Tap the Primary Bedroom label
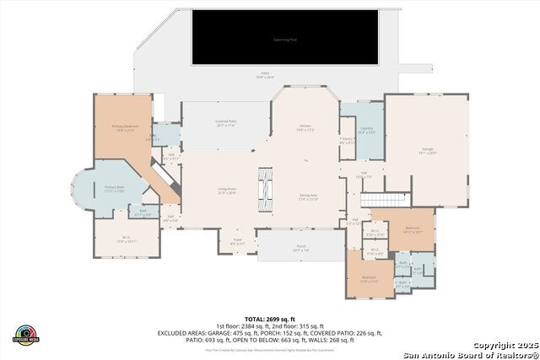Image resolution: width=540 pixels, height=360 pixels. [124, 128]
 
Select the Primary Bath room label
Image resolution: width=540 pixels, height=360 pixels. [114, 189]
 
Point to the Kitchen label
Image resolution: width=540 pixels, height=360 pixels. [305, 128]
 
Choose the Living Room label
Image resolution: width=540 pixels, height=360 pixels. [227, 191]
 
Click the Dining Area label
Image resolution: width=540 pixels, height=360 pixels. [308, 197]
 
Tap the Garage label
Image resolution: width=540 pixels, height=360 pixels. [428, 151]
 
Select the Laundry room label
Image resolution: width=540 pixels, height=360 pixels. [366, 130]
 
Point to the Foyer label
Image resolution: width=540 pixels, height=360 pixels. [238, 243]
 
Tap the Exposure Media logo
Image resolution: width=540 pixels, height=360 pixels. [27, 335]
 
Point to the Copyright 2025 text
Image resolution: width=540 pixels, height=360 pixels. [504, 346]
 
